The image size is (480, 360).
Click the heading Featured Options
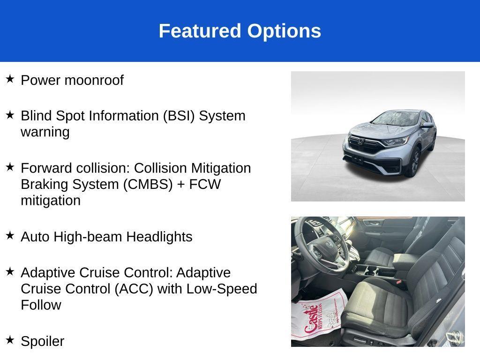click(240, 31)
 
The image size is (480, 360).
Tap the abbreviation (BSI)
click(179, 116)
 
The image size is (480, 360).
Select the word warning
click(45, 132)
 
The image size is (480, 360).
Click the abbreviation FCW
click(205, 184)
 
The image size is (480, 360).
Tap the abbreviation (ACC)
click(134, 289)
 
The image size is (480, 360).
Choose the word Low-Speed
click(222, 289)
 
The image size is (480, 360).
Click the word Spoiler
click(42, 341)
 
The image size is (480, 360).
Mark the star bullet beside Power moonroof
click(10, 79)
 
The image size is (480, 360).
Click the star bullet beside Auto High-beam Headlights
click(10, 235)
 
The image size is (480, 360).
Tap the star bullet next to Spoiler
click(10, 340)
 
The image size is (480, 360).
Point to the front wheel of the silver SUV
click(414, 162)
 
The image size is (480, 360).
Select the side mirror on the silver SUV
click(427, 125)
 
